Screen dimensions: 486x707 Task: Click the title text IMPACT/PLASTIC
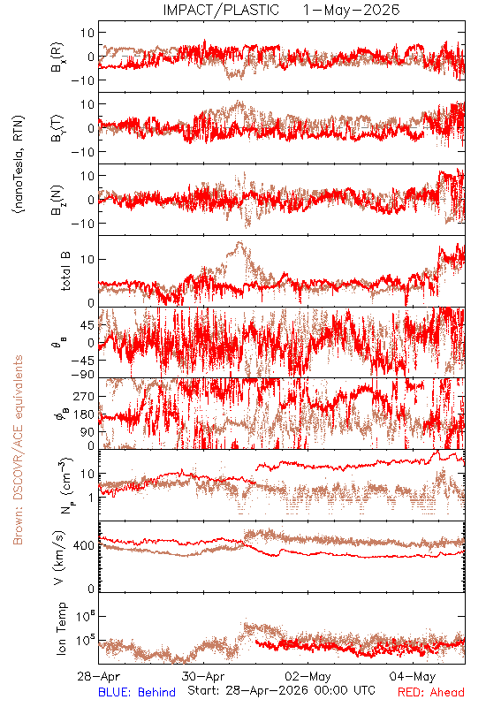[221, 10]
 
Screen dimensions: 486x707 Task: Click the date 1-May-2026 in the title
[351, 10]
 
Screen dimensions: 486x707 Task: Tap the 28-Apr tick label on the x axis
[99, 676]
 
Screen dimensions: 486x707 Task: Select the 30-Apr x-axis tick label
[203, 676]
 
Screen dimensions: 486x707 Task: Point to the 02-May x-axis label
[308, 676]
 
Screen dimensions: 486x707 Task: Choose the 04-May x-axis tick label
[413, 676]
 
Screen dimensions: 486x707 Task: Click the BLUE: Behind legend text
[137, 692]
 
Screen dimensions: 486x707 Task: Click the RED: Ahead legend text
[430, 692]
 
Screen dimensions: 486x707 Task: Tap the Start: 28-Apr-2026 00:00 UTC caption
[281, 690]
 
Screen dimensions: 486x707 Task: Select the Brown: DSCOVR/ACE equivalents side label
[18, 450]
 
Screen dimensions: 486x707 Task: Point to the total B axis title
[65, 271]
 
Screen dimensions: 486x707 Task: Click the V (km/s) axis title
[59, 558]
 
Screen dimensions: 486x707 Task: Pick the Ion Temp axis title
[61, 628]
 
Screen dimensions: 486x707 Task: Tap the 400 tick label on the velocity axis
[84, 545]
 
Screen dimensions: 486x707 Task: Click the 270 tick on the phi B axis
[84, 396]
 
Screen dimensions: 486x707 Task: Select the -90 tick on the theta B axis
[82, 374]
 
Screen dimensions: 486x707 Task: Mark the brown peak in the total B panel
[239, 242]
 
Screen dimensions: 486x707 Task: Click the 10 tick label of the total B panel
[88, 260]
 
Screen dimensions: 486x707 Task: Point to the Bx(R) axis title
[57, 57]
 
